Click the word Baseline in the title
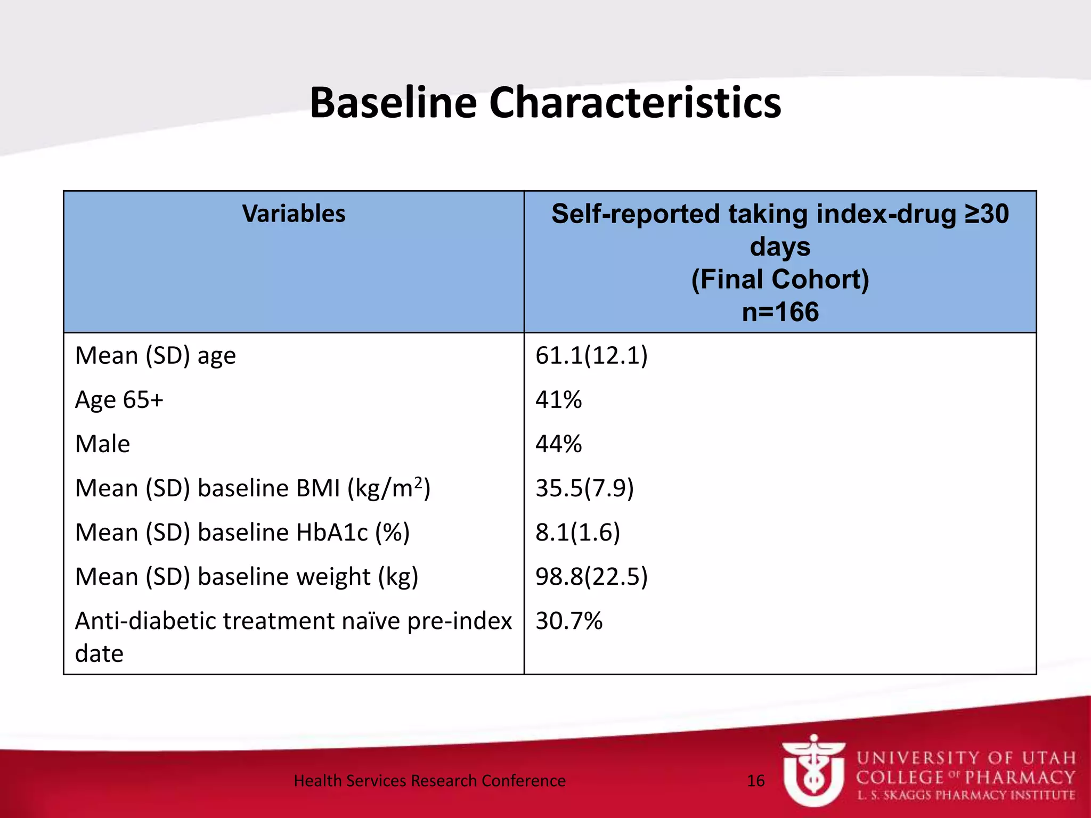click(x=393, y=103)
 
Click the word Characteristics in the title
click(x=634, y=103)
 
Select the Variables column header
click(x=294, y=214)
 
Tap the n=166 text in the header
click(x=780, y=312)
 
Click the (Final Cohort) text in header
click(x=780, y=279)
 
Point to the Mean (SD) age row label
click(x=155, y=355)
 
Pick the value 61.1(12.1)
click(x=591, y=355)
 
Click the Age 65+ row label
click(x=119, y=399)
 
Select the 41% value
click(x=558, y=399)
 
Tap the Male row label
click(x=102, y=444)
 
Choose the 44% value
click(x=558, y=444)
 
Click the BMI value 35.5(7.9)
click(x=584, y=488)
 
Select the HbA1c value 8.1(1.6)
click(x=577, y=532)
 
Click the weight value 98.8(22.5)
click(x=591, y=576)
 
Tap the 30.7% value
click(x=568, y=620)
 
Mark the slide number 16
click(x=755, y=781)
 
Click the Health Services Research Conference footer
click(x=429, y=781)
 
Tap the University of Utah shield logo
click(x=813, y=771)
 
